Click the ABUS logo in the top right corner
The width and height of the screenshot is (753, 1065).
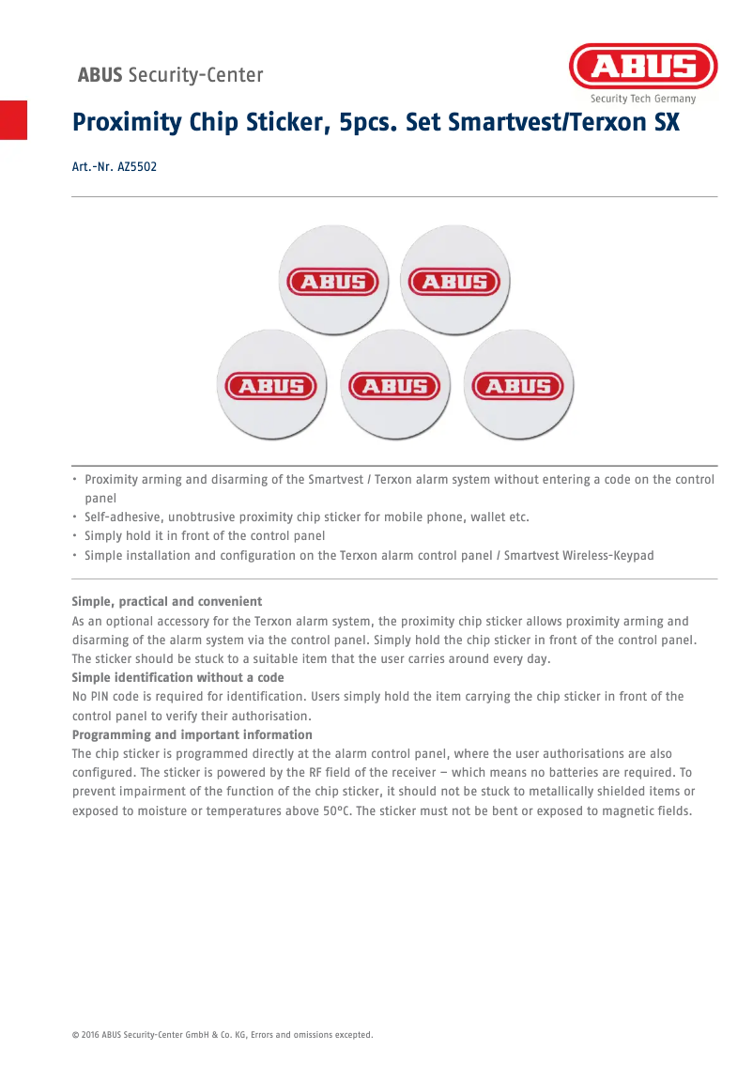[x=643, y=67]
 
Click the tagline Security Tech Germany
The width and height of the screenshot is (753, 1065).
[x=643, y=99]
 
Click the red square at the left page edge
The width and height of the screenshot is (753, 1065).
[x=13, y=119]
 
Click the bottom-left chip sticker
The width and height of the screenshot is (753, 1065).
[x=272, y=385]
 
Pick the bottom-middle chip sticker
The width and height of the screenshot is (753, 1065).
[x=395, y=385]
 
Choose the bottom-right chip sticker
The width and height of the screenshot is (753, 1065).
[x=518, y=385]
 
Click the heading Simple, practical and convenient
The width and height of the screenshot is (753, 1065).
[x=167, y=601]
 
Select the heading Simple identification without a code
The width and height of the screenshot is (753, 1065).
[x=178, y=677]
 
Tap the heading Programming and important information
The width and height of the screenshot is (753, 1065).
[x=192, y=734]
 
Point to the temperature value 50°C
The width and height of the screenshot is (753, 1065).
[x=336, y=810]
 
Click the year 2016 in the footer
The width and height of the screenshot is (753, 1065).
[x=89, y=1035]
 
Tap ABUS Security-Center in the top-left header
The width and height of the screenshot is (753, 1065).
[x=170, y=75]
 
